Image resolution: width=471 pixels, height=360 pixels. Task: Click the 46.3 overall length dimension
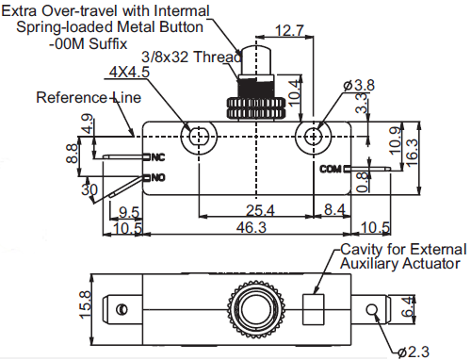[x=252, y=227]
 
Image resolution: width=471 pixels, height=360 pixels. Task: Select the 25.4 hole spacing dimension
[x=260, y=210]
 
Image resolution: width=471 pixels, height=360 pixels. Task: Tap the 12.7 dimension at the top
[x=289, y=31]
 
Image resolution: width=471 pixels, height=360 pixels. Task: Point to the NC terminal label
[x=158, y=157]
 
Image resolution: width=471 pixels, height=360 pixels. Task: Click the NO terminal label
[x=158, y=178]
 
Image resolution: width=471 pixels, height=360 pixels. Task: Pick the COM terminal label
[x=331, y=169]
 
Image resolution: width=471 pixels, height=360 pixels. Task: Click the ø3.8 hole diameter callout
[x=359, y=85]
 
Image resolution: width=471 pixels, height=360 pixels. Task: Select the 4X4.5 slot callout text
[x=129, y=72]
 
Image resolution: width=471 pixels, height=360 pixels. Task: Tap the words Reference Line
[x=89, y=97]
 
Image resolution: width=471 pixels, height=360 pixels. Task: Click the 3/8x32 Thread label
[x=191, y=57]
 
